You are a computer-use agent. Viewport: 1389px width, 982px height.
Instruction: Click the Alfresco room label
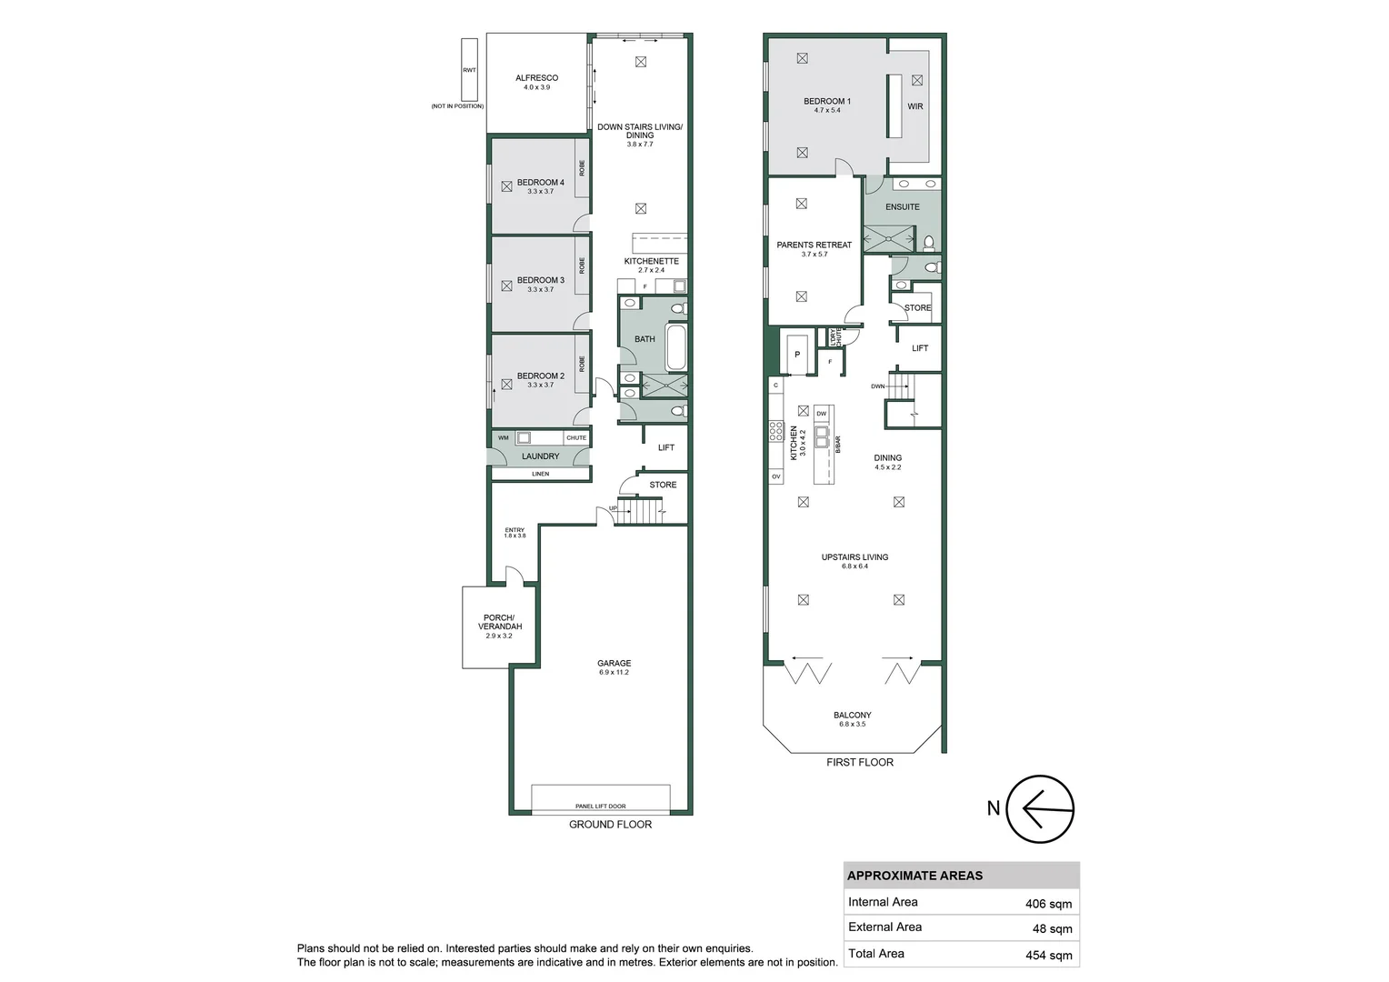click(x=536, y=78)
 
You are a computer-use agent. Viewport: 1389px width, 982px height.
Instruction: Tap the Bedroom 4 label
click(x=540, y=183)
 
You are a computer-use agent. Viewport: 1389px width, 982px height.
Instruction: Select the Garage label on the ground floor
click(x=614, y=664)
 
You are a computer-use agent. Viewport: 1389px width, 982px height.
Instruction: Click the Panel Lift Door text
click(x=600, y=807)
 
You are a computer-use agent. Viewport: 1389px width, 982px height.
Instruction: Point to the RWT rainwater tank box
click(x=469, y=70)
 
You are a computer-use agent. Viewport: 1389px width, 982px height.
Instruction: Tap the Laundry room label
click(x=540, y=456)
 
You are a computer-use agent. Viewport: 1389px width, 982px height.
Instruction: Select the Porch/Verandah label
click(x=499, y=623)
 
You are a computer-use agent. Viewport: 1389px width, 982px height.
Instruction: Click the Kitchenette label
click(x=651, y=262)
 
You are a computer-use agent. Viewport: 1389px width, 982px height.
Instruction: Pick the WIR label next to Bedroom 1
click(x=914, y=106)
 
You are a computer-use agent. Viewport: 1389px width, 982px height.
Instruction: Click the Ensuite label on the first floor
click(x=902, y=207)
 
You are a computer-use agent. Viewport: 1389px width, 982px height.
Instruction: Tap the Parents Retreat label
click(x=814, y=245)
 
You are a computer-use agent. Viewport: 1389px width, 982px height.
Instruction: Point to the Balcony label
click(x=852, y=716)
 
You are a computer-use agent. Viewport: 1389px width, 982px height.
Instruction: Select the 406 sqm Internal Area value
click(x=1048, y=904)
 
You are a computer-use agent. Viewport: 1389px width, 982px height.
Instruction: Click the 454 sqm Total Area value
click(x=1048, y=955)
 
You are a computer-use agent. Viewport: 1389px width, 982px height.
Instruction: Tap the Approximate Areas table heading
click(x=914, y=876)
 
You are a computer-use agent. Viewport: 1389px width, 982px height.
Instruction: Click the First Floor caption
click(x=859, y=762)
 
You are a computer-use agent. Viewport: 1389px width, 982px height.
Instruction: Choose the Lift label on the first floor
click(x=919, y=348)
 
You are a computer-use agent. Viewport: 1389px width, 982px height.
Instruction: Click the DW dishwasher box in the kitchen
click(x=822, y=414)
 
